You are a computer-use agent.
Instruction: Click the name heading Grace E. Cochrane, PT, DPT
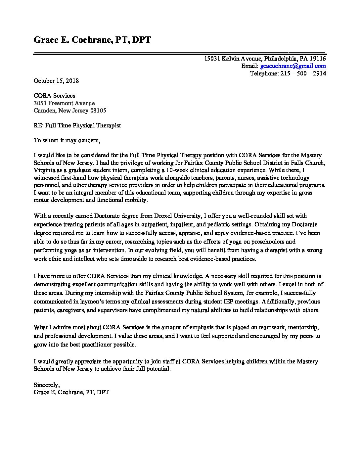click(92, 40)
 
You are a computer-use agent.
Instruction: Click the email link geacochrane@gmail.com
click(293, 66)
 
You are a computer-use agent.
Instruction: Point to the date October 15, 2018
click(56, 81)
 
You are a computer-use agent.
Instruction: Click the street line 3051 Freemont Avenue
click(64, 103)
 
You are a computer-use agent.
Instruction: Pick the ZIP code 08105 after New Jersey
click(98, 111)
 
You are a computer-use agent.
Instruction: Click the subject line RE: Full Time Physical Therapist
click(77, 125)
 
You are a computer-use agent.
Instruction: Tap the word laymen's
click(99, 302)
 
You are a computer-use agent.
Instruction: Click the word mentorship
click(303, 328)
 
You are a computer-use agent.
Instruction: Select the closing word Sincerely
click(46, 385)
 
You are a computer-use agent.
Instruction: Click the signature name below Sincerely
click(71, 393)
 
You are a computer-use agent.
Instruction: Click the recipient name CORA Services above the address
click(55, 96)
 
